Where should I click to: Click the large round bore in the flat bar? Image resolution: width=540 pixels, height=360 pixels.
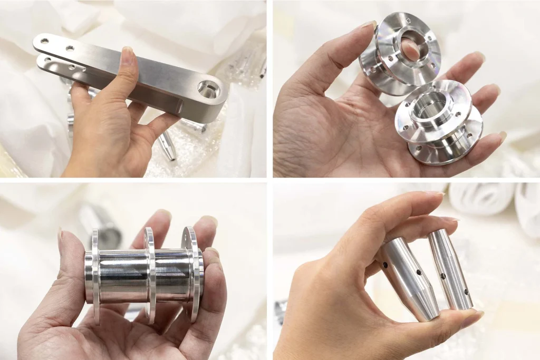(208, 90)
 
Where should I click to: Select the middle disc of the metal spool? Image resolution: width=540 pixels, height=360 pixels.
(150, 274)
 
